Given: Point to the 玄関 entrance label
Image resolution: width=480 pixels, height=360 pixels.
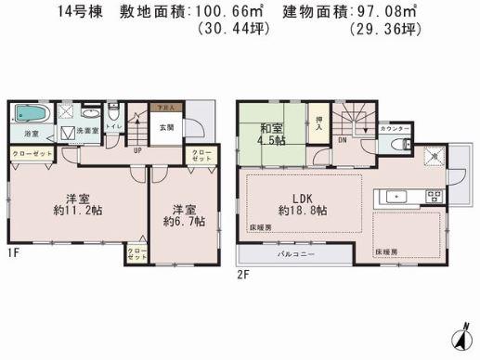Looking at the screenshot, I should pyautogui.click(x=167, y=127).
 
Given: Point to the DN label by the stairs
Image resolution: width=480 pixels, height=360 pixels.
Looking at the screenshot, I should pyautogui.click(x=342, y=140).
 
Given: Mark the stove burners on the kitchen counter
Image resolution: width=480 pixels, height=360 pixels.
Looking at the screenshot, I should pyautogui.click(x=432, y=195).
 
